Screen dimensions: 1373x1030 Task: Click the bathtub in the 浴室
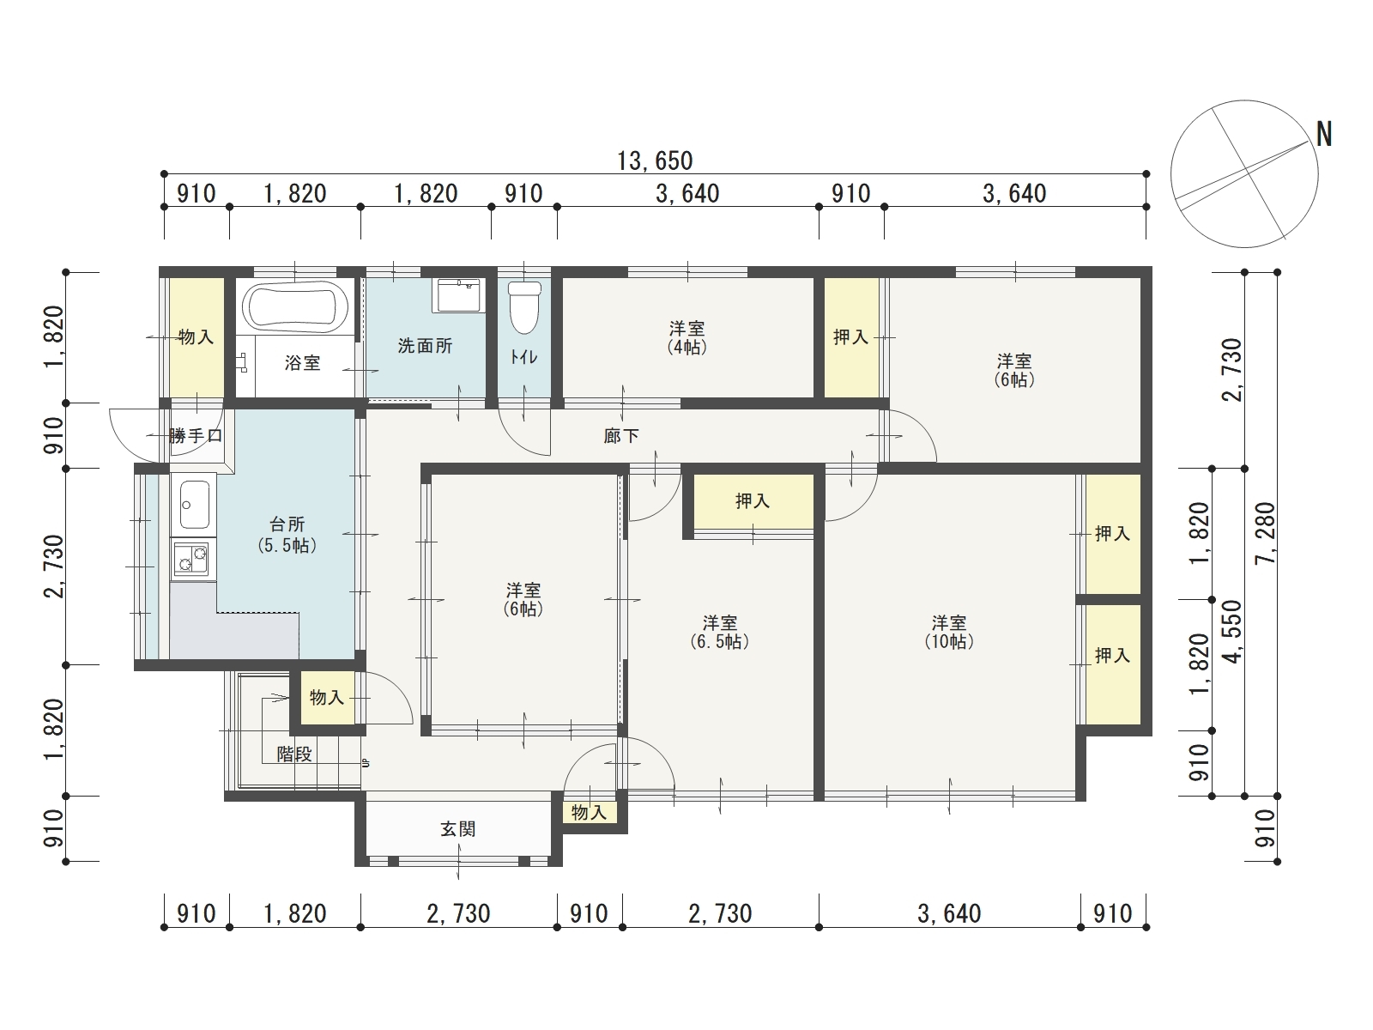tap(295, 307)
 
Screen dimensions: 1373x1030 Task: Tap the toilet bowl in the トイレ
tap(524, 307)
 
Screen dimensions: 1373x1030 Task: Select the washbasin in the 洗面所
tap(458, 295)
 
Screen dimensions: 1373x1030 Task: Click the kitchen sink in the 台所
tap(194, 506)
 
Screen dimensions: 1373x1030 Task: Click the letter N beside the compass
tap(1323, 134)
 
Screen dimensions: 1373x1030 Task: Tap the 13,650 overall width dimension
tap(655, 161)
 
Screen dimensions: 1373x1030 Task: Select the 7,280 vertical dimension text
tap(1265, 533)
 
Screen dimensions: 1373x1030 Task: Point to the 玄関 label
tap(458, 829)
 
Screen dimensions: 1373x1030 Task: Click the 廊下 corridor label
tap(621, 436)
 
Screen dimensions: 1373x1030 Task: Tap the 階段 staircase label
tap(294, 754)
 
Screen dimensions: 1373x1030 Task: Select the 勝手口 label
tap(196, 435)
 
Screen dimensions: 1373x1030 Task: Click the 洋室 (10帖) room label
tap(949, 633)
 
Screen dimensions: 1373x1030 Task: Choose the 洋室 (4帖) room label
tap(686, 337)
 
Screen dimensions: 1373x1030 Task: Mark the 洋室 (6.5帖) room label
tap(720, 633)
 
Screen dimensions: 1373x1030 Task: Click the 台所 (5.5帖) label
tap(287, 535)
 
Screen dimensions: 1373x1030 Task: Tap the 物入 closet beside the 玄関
tap(590, 812)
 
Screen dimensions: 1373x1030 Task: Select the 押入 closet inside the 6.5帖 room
tap(753, 501)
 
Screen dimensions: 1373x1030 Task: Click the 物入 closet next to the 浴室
tap(197, 337)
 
